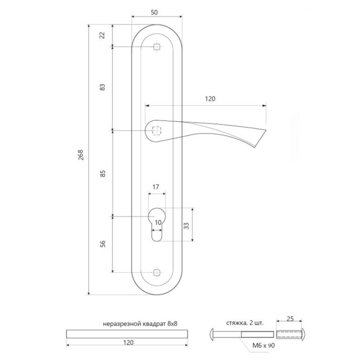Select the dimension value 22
click(x=102, y=35)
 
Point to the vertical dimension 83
click(x=102, y=88)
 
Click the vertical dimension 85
click(x=102, y=174)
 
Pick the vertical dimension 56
click(x=102, y=244)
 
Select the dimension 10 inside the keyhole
click(x=158, y=223)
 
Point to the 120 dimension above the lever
click(x=210, y=98)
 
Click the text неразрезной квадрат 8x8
click(x=129, y=324)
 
